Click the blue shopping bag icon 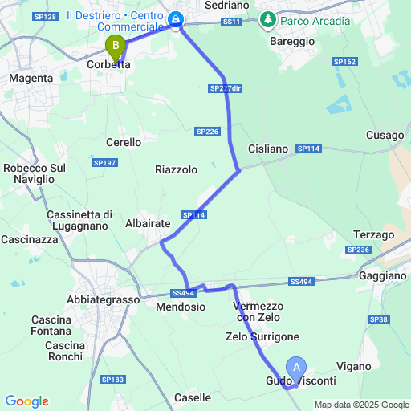pos(177,18)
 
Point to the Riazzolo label pos(176,169)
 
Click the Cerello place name pos(124,142)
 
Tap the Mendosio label pos(176,307)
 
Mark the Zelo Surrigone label pos(262,337)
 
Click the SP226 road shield pos(207,131)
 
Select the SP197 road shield pos(104,163)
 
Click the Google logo pos(26,401)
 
